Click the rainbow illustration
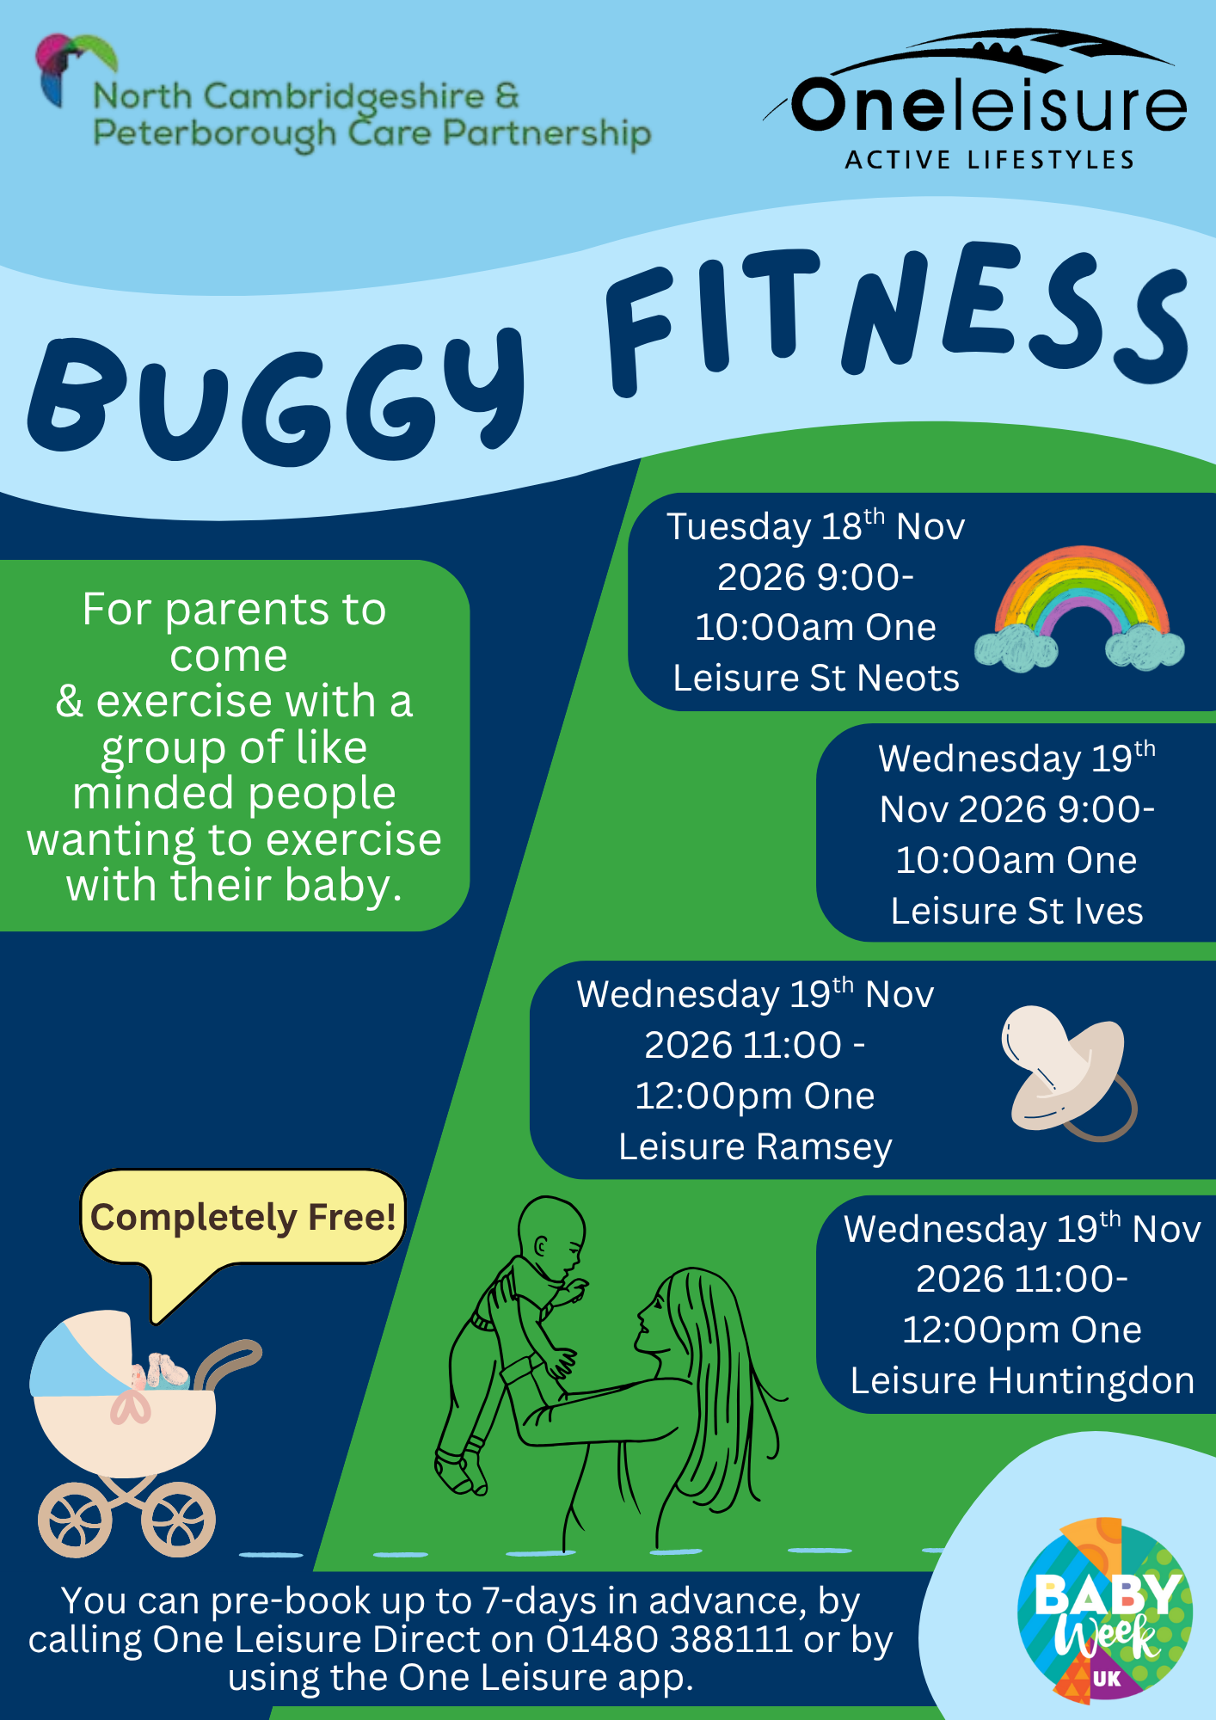point(1079,609)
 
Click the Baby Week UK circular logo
point(1104,1610)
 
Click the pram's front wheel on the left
point(75,1520)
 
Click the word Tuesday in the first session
point(739,527)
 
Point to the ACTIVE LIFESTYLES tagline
point(989,160)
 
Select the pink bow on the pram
point(131,1405)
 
